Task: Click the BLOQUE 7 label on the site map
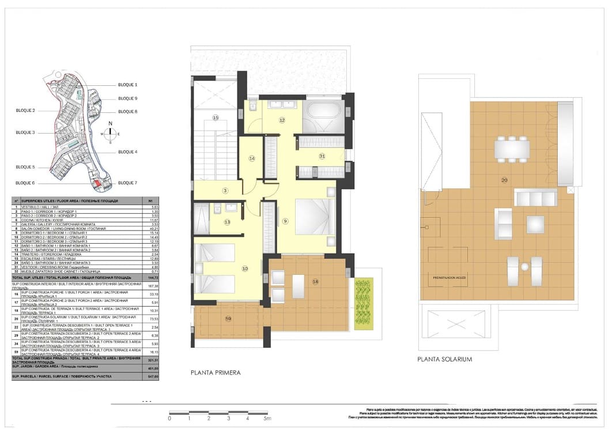coord(127,183)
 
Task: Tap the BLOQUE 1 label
coord(127,85)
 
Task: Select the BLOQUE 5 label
coord(25,167)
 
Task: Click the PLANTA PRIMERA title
coord(216,373)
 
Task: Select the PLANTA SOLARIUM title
coord(445,359)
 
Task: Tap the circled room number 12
coord(282,120)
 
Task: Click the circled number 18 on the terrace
coord(315,281)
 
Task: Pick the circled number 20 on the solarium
coord(504,180)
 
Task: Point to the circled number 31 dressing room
coord(322,156)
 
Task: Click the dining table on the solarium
coord(511,149)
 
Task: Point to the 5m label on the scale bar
coord(267,418)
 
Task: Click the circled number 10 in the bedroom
coord(245,269)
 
